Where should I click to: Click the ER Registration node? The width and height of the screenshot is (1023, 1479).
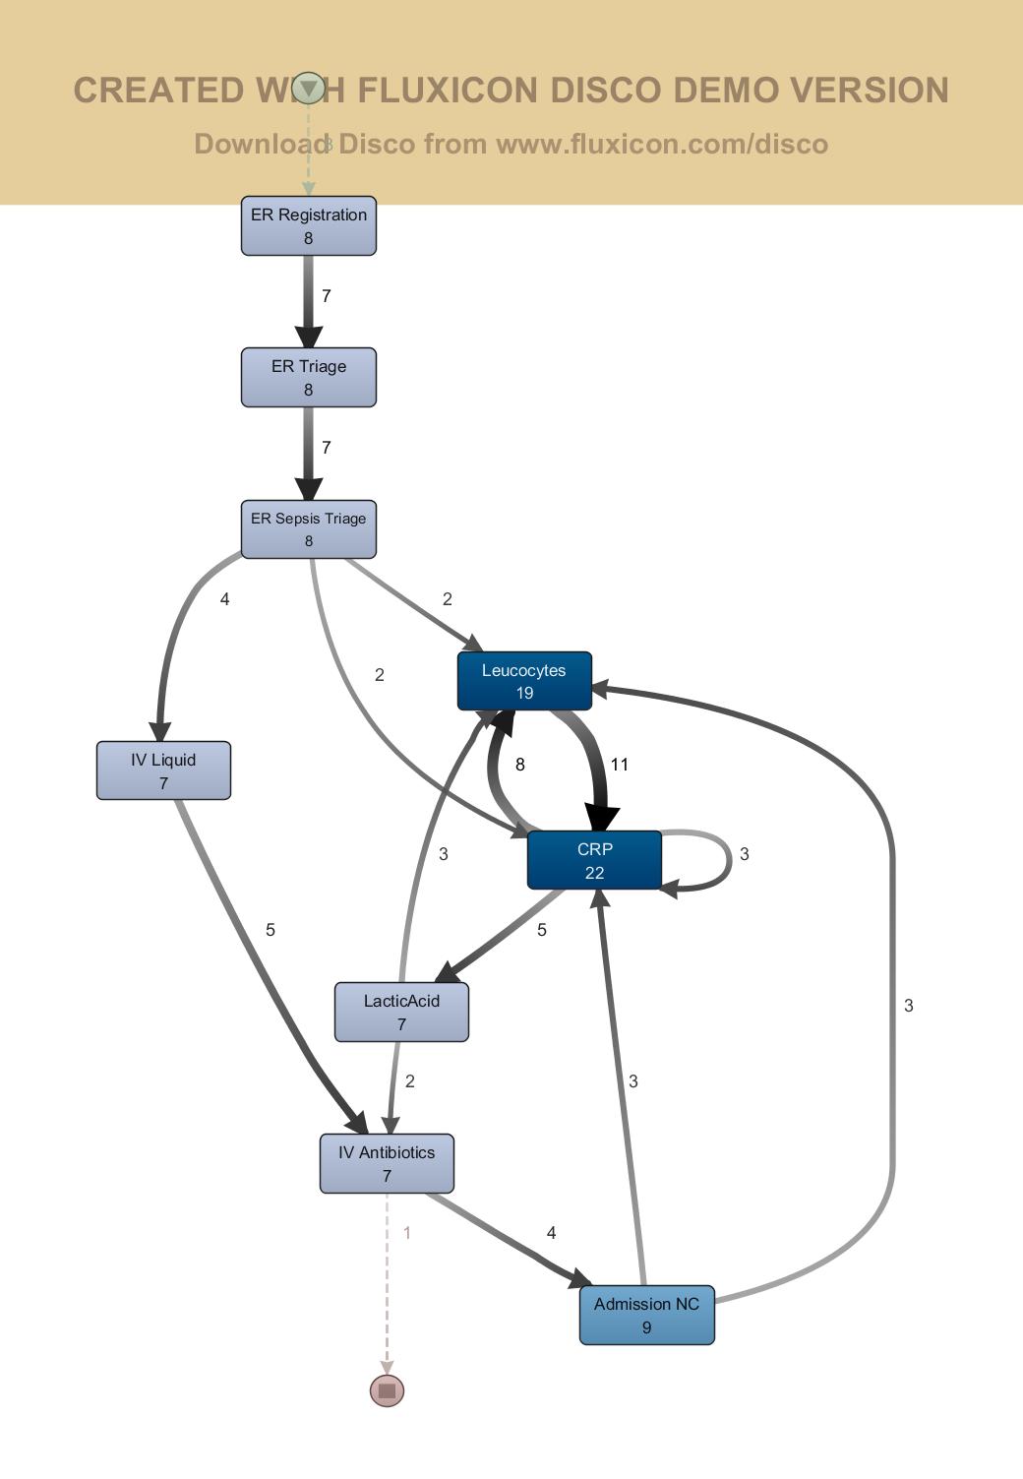coord(309,226)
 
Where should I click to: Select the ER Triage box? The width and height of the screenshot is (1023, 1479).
coord(309,378)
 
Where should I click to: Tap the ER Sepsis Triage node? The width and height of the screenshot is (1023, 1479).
coord(309,529)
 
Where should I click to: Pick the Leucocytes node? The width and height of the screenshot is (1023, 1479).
coord(524,681)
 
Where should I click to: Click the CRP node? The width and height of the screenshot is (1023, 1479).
coord(594,860)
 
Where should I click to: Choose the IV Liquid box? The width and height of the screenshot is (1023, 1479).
coord(163,770)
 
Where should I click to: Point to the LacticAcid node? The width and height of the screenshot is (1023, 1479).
coord(401,1012)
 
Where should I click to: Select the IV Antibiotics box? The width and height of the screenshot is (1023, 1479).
coord(387,1163)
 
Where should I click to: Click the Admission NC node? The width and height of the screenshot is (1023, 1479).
coord(646,1315)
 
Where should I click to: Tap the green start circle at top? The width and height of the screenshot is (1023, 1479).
coord(309,89)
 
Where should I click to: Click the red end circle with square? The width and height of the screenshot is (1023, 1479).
coord(387,1390)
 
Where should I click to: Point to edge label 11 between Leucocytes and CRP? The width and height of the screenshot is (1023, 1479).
coord(620,765)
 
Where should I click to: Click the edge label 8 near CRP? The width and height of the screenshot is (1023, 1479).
coord(520,765)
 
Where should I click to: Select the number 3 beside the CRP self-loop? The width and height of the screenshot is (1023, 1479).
coord(745,854)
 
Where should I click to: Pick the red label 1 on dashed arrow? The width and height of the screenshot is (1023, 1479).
coord(407,1233)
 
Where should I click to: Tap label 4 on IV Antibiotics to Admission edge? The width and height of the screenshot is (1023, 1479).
coord(552,1233)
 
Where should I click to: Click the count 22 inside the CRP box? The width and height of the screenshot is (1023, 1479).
coord(594,873)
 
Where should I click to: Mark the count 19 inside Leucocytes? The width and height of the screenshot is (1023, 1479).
coord(524,694)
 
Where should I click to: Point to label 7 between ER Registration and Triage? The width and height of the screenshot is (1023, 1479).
coord(327,296)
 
